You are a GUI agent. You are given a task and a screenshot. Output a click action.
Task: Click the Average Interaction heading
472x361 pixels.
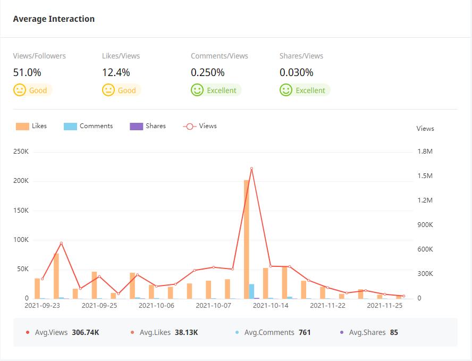[54, 19]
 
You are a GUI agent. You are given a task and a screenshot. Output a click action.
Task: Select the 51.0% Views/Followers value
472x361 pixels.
[27, 72]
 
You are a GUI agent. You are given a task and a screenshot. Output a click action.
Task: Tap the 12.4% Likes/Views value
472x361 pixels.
[116, 72]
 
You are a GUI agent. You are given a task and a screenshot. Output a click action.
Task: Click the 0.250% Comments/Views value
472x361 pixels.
[208, 72]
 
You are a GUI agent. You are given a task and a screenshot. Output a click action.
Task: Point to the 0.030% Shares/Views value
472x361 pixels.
[297, 72]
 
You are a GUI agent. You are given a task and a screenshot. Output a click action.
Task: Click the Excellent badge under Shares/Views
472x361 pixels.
[305, 90]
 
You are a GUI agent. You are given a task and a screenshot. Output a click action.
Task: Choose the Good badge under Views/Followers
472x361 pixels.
[32, 90]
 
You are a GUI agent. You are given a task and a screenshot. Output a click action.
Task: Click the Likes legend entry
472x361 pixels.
[31, 127]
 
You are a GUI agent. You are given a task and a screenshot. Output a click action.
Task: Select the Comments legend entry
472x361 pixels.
[88, 127]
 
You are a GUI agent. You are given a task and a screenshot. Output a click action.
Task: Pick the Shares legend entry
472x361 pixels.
[148, 127]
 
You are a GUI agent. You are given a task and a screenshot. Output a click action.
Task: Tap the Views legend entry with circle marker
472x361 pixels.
[200, 127]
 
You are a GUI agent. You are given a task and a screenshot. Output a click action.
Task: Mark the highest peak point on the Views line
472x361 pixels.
[251, 169]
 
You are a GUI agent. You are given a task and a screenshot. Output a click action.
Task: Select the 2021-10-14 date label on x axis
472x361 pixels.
[271, 306]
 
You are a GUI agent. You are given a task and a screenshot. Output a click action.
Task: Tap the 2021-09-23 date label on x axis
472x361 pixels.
[43, 306]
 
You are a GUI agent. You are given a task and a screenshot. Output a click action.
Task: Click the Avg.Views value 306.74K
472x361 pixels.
[85, 333]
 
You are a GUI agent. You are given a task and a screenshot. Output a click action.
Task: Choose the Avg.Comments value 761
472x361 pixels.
[305, 333]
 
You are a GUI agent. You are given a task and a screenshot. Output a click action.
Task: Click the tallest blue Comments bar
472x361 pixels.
[251, 291]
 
